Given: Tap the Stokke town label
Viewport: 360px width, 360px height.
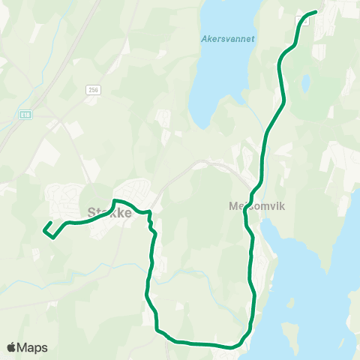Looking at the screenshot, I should pos(110,212).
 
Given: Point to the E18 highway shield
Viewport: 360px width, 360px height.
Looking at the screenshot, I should pos(25,114).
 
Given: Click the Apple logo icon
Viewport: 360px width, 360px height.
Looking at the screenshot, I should pos(11,348).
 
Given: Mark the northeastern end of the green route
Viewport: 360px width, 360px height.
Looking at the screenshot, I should pos(314,11).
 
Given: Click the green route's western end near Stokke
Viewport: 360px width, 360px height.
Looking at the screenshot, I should pos(44,229).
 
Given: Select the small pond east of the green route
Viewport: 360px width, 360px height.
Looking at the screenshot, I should pos(305,84).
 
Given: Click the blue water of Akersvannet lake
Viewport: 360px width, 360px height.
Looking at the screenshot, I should pos(217,75).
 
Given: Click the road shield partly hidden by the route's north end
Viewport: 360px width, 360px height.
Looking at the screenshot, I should pos(304,18).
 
